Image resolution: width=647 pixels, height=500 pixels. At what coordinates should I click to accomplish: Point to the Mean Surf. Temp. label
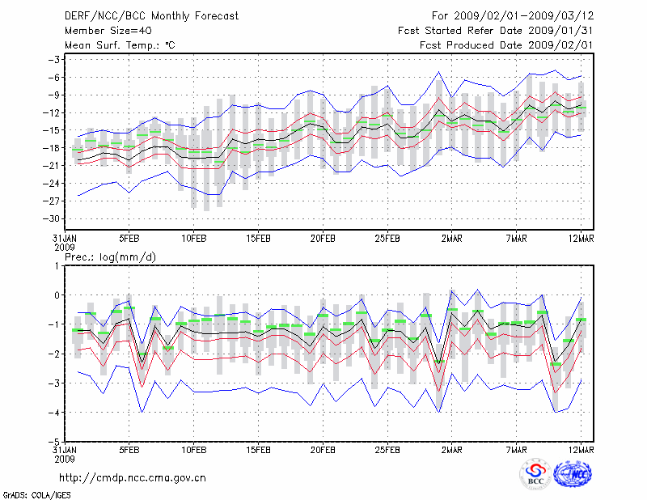pyautogui.click(x=120, y=45)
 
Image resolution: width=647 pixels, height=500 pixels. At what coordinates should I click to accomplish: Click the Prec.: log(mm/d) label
pyautogui.click(x=111, y=256)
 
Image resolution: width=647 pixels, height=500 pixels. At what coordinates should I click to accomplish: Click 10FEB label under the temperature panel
pyautogui.click(x=193, y=239)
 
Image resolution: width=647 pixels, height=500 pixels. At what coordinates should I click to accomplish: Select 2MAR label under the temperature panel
pyautogui.click(x=452, y=239)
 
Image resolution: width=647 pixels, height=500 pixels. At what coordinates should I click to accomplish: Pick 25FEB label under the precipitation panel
pyautogui.click(x=387, y=449)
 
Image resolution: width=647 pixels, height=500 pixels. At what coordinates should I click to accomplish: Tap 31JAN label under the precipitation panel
pyautogui.click(x=65, y=449)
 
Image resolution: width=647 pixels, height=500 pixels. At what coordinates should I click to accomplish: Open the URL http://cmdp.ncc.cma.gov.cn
pyautogui.click(x=133, y=477)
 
